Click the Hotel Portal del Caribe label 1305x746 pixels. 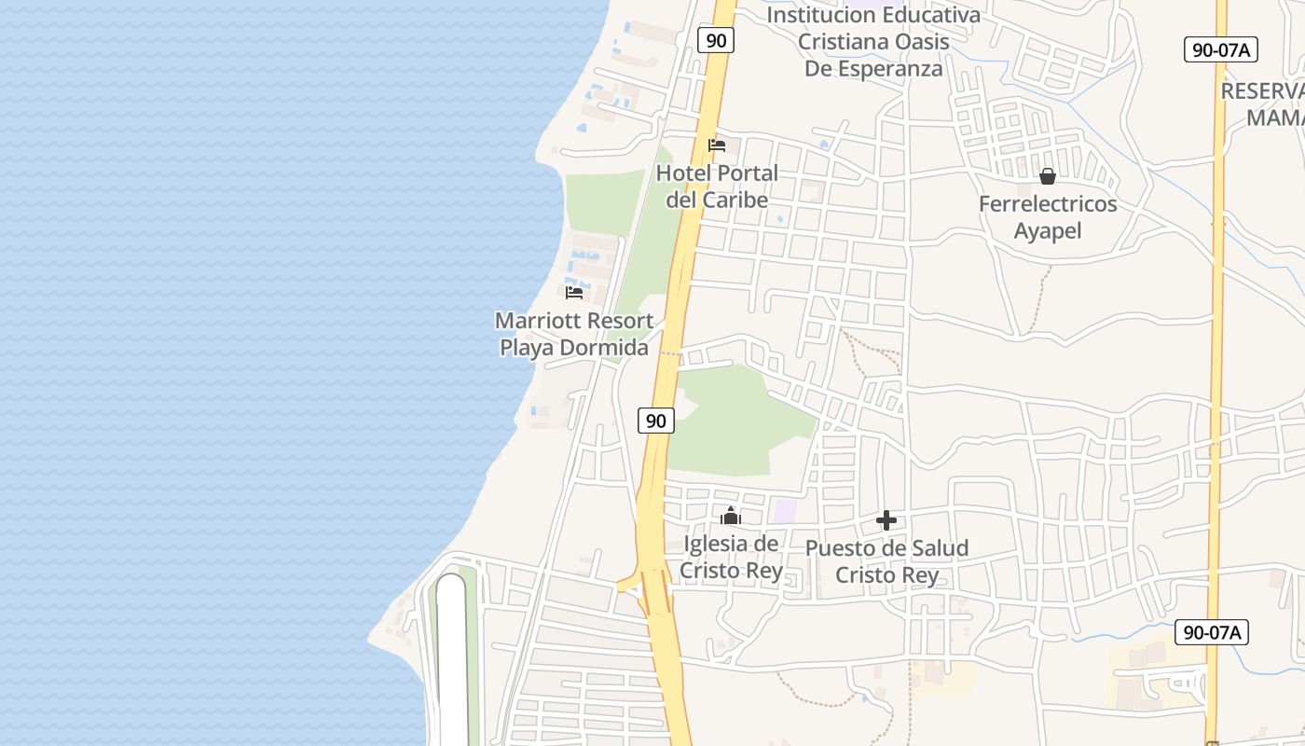(x=717, y=186)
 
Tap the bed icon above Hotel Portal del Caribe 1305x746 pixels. (x=717, y=145)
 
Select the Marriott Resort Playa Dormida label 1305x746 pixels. (x=573, y=334)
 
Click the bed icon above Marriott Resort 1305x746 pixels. (x=574, y=293)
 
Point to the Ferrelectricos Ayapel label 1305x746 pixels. (x=1048, y=217)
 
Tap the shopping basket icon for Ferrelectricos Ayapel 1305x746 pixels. (x=1048, y=175)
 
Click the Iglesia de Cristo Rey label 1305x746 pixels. (x=731, y=557)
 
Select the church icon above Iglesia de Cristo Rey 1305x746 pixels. (x=731, y=516)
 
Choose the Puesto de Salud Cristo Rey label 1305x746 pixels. (x=886, y=561)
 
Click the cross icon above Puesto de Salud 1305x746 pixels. (x=886, y=520)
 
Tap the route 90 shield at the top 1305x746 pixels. (x=716, y=40)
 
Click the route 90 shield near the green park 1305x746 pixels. (x=656, y=421)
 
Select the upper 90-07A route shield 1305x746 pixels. (x=1220, y=50)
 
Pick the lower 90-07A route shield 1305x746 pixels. (x=1211, y=632)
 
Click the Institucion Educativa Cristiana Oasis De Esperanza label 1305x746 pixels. (x=872, y=42)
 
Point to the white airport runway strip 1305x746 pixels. (x=451, y=662)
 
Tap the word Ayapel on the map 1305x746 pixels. (x=1048, y=230)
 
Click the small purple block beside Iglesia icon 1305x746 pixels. (x=786, y=511)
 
